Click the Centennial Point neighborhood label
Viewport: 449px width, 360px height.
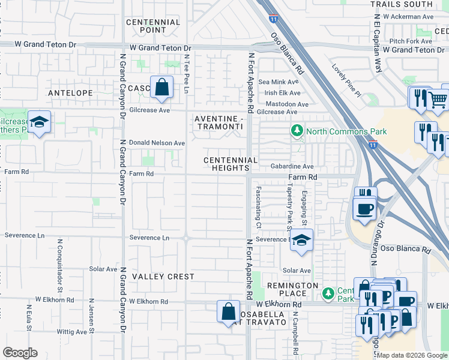pos(154,26)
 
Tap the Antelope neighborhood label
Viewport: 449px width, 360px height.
pos(70,93)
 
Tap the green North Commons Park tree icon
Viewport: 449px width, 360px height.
pos(296,131)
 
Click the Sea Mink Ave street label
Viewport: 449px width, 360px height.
pos(278,82)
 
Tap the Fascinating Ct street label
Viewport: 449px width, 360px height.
pos(258,207)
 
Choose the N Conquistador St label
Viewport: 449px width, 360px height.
pos(60,264)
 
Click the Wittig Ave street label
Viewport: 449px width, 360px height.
pos(71,331)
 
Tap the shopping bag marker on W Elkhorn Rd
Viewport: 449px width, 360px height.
pos(228,311)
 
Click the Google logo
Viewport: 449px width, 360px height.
pos(20,353)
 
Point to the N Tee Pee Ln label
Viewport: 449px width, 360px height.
pos(187,74)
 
